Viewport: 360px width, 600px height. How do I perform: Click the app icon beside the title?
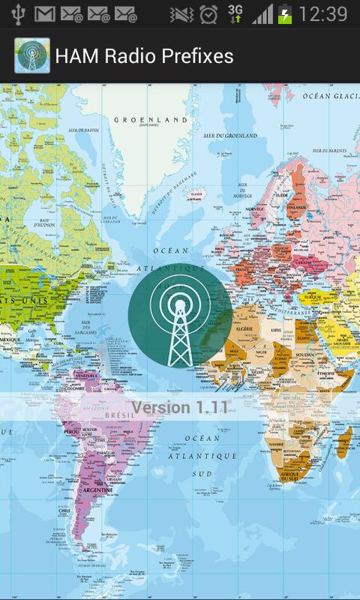[32, 56]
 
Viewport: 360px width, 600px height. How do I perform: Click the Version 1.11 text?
[180, 408]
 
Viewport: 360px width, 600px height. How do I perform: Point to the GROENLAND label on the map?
[150, 119]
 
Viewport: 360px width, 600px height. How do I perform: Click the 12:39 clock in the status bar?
[322, 14]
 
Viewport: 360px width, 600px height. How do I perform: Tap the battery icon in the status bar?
[285, 14]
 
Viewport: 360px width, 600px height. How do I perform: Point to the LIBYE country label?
[277, 329]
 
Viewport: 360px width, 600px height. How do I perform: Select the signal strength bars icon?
[262, 14]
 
